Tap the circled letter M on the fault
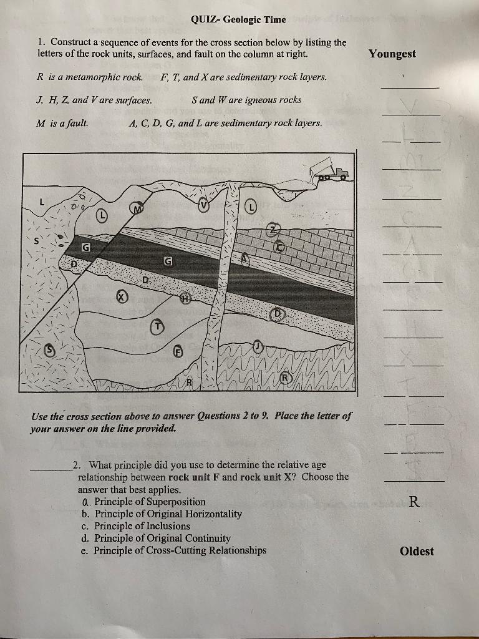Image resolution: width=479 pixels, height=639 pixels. [137, 208]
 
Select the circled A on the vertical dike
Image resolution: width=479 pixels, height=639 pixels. [246, 256]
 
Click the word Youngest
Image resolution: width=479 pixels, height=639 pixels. [392, 54]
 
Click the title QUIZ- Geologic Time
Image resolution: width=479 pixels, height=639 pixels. [238, 19]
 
